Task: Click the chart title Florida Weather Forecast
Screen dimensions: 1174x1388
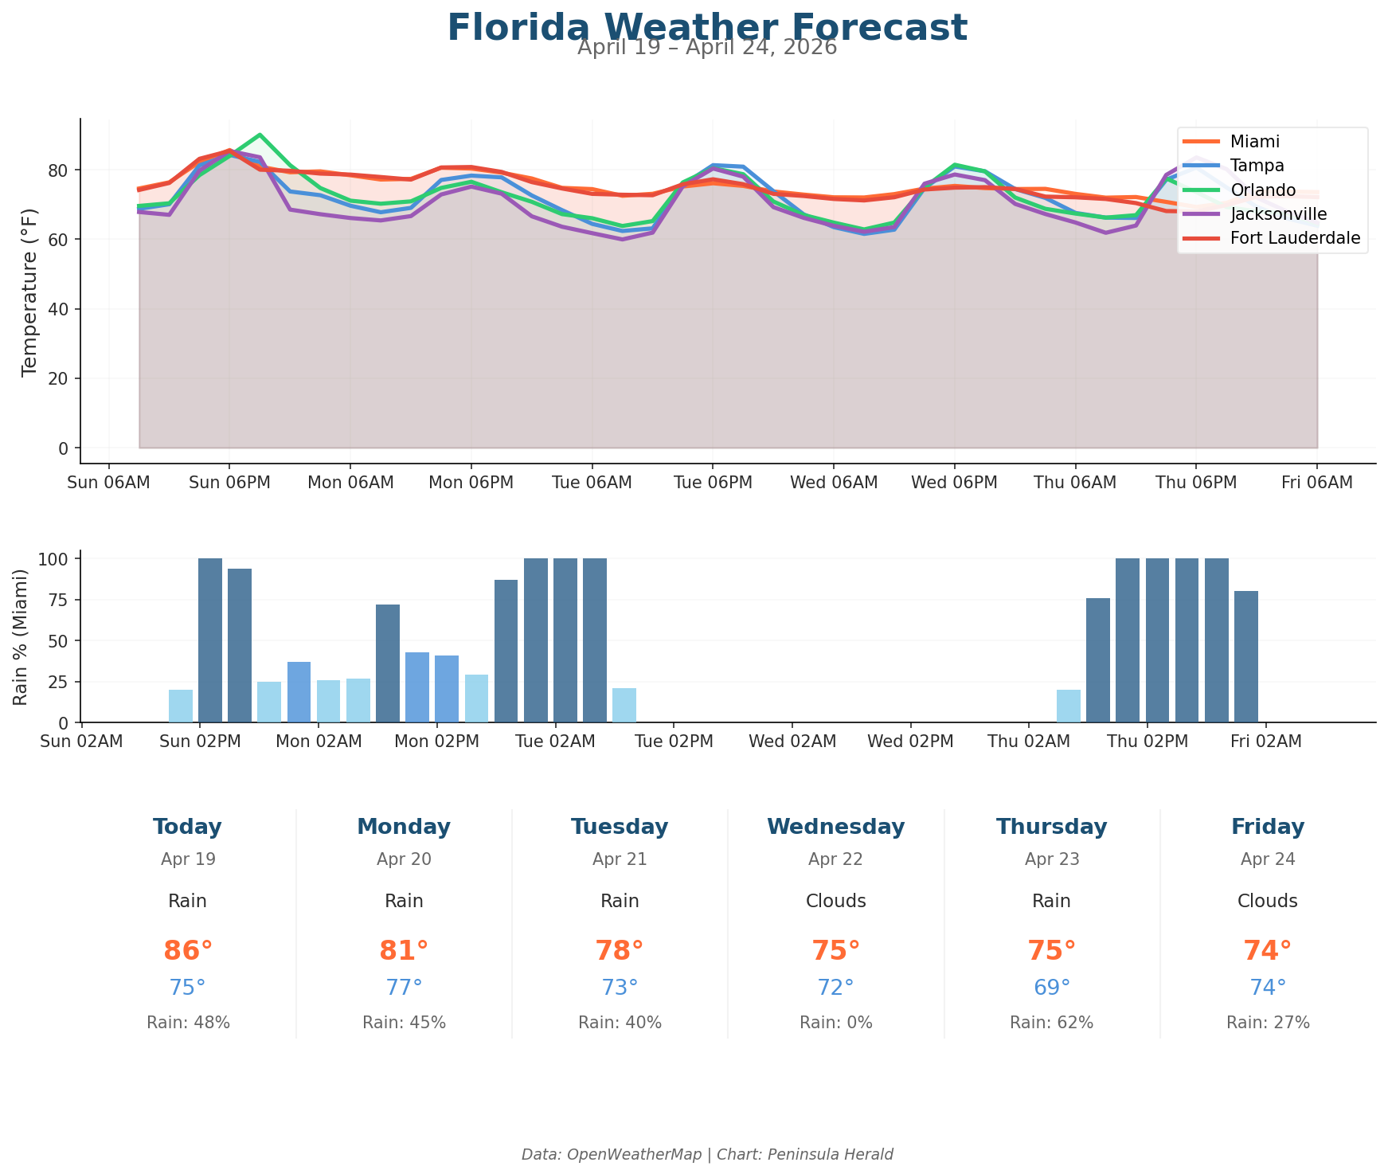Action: [706, 27]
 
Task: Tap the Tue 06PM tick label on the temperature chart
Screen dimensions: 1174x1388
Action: [713, 483]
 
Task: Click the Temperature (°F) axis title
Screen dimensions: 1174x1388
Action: [29, 291]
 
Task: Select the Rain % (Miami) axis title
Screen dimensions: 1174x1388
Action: [22, 636]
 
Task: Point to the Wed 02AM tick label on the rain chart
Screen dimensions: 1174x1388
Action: [792, 742]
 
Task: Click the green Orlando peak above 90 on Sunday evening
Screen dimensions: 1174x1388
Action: [260, 135]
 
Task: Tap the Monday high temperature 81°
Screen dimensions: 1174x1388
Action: [404, 951]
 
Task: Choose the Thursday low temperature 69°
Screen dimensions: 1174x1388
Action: [1051, 988]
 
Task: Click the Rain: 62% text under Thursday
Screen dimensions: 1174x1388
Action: [1051, 1023]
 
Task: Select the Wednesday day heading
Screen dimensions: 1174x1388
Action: [835, 827]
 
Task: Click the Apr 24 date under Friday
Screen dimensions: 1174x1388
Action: [1267, 859]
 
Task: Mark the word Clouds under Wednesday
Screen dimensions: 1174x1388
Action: [835, 901]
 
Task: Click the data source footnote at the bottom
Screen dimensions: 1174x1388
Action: [706, 1154]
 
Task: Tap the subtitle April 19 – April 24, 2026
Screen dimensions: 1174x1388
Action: [706, 48]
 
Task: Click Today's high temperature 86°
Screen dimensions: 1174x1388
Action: [188, 951]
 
